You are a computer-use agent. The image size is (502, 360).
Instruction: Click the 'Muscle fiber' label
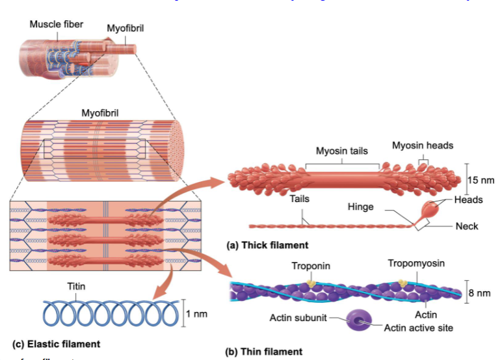(56, 25)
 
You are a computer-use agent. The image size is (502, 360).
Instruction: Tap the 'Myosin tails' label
(341, 151)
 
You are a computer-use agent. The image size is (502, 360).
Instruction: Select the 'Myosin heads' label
(422, 145)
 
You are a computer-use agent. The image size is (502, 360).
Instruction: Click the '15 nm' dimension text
(481, 180)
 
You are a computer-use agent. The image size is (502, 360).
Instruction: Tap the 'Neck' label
(467, 226)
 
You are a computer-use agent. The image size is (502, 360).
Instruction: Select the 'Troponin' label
(310, 266)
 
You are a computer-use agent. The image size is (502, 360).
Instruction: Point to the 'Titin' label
(76, 286)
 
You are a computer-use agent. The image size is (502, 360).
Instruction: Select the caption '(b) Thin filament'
(263, 352)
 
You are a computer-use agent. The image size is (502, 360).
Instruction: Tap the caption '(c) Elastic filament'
(57, 343)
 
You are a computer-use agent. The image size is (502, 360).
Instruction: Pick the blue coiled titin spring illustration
(109, 313)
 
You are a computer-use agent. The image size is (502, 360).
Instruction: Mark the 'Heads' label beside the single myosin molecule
(468, 199)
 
